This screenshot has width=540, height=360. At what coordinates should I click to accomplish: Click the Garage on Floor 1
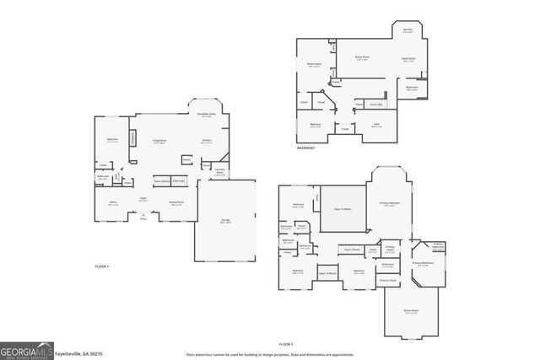[226, 221]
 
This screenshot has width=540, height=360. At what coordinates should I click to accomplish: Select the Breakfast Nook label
[207, 115]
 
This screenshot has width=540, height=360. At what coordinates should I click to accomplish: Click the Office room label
[112, 203]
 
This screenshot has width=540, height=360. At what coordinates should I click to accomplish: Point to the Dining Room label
[175, 203]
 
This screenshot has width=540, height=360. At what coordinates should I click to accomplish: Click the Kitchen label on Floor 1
[206, 142]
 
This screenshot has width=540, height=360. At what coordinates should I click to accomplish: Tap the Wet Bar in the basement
[408, 31]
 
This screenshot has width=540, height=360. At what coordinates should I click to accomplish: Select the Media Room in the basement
[313, 64]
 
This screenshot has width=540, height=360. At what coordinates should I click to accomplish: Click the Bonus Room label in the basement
[361, 58]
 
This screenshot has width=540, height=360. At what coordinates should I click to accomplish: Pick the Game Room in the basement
[408, 59]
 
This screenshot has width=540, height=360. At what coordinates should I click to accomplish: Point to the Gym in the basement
[376, 125]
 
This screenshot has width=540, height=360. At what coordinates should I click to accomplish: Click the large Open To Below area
[343, 208]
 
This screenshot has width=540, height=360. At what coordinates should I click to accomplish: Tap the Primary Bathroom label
[423, 264]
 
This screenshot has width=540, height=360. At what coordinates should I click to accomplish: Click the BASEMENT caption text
[306, 148]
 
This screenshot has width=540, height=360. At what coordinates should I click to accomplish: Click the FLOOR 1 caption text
[102, 266]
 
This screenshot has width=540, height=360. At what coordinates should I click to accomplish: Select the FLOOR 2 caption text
[286, 344]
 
